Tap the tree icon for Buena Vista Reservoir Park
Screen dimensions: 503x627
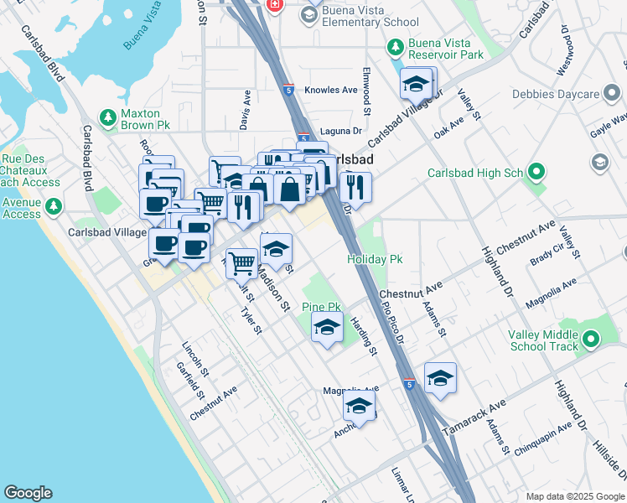pos(396,49)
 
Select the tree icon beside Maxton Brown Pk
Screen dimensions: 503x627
pos(107,119)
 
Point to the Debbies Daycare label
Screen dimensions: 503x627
pos(563,92)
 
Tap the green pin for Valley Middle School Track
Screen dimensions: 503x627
pos(592,340)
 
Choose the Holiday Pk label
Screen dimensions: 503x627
pos(375,260)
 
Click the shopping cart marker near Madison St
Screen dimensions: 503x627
pos(242,262)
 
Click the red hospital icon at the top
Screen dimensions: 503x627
pos(274,6)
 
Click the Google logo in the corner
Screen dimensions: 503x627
pos(28,493)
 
